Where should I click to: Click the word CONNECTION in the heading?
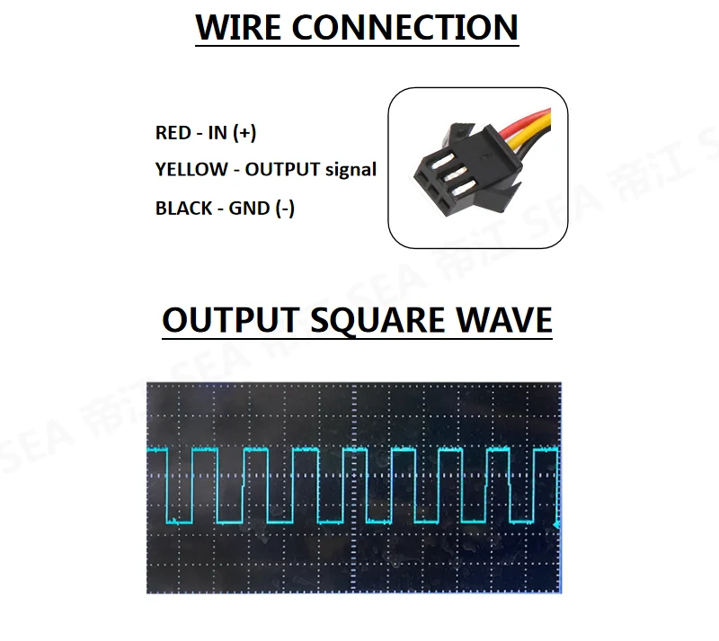pos(405,27)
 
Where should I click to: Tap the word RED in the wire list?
pos(173,133)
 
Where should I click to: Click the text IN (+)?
pos(232,133)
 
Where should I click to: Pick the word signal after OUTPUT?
pos(351,169)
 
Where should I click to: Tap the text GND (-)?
pos(262,209)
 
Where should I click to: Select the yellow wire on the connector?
pos(537,126)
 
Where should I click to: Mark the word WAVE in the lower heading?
pos(503,320)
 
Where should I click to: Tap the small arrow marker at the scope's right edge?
pos(558,523)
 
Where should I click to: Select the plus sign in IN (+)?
pos(244,133)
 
